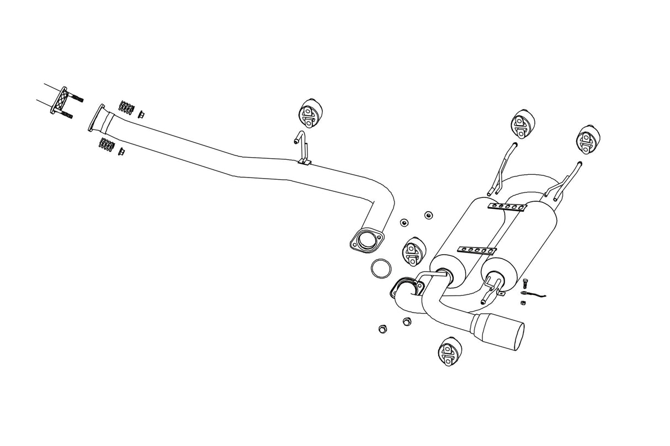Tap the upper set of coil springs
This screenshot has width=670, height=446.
(127, 106)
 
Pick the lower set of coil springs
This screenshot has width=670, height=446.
(107, 145)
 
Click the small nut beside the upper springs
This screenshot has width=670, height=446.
(141, 114)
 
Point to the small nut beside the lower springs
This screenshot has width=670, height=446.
(121, 152)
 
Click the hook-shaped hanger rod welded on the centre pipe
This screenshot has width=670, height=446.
(302, 147)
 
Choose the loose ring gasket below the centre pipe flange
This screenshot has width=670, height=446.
(380, 270)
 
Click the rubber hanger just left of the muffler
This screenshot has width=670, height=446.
(413, 251)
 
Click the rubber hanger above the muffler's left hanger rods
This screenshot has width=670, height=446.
(522, 125)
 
